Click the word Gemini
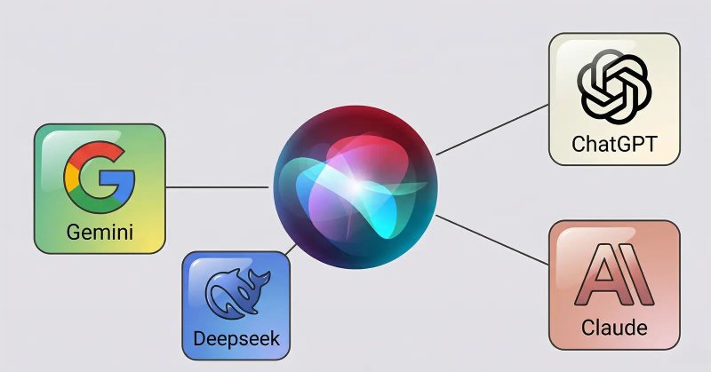click(100, 232)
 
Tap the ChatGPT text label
click(614, 144)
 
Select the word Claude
click(614, 327)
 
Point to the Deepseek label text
click(236, 339)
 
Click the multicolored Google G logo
click(100, 177)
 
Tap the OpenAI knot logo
click(614, 86)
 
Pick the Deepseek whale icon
click(237, 293)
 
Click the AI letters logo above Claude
click(614, 275)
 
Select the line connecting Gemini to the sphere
click(217, 186)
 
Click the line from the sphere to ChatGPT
click(492, 130)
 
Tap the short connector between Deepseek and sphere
click(292, 249)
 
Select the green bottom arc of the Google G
click(96, 203)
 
